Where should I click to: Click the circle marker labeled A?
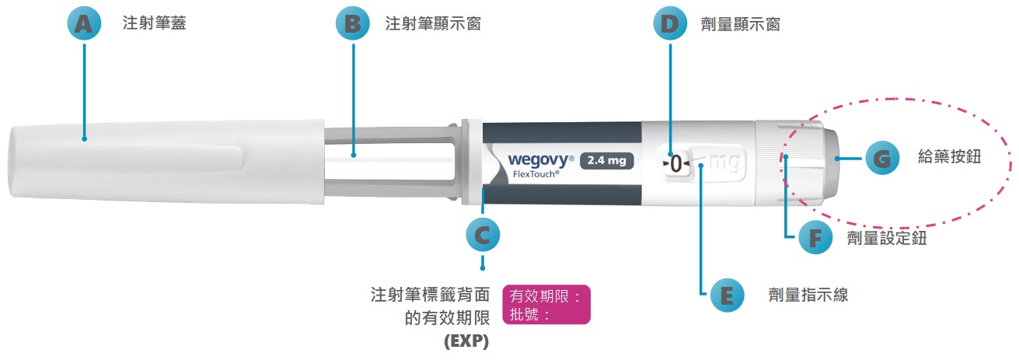(84, 24)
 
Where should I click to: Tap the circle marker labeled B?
(353, 24)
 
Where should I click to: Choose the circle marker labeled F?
(815, 238)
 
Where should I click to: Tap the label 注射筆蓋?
(155, 24)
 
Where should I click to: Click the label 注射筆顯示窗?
(433, 24)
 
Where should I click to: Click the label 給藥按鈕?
(949, 159)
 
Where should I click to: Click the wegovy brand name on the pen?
(539, 159)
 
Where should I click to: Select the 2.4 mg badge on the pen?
(607, 162)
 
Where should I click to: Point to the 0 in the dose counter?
(675, 164)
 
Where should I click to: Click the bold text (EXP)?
(466, 341)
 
